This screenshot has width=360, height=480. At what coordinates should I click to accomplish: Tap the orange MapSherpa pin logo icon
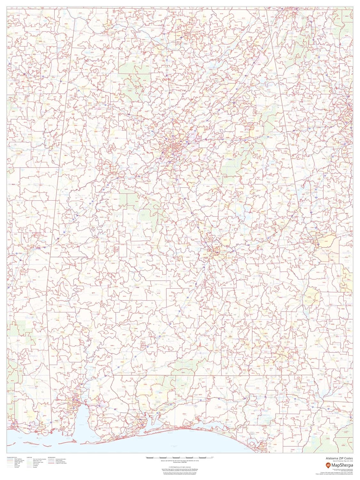[x=328, y=465]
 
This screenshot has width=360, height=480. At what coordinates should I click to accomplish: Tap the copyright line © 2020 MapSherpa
[x=180, y=468]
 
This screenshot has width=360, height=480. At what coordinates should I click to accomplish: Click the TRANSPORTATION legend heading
[x=12, y=457]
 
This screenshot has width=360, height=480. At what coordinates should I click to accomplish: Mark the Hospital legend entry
[x=35, y=467]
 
